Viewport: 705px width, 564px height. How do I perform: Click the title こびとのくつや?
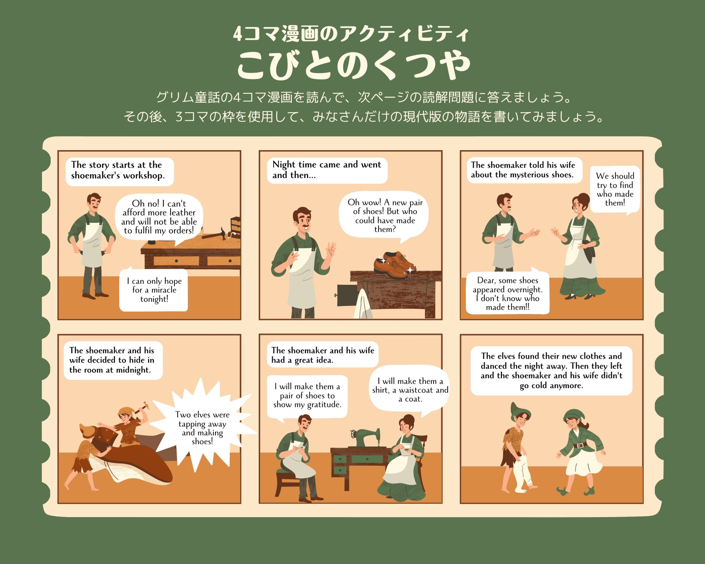click(x=354, y=65)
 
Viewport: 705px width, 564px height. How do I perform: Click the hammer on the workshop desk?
click(x=215, y=234)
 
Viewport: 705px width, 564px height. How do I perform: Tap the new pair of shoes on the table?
click(x=395, y=264)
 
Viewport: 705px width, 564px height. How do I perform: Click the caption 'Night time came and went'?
click(x=327, y=164)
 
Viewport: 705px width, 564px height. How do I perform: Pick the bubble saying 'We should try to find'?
click(x=615, y=189)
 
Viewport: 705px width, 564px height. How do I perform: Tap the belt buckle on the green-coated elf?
click(x=580, y=445)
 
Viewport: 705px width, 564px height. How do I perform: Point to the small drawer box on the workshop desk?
click(x=236, y=226)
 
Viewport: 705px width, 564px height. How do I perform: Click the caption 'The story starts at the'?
click(x=117, y=164)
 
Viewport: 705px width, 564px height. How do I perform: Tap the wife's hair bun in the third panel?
click(x=583, y=197)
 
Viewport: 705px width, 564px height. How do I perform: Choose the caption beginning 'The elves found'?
click(x=551, y=371)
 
